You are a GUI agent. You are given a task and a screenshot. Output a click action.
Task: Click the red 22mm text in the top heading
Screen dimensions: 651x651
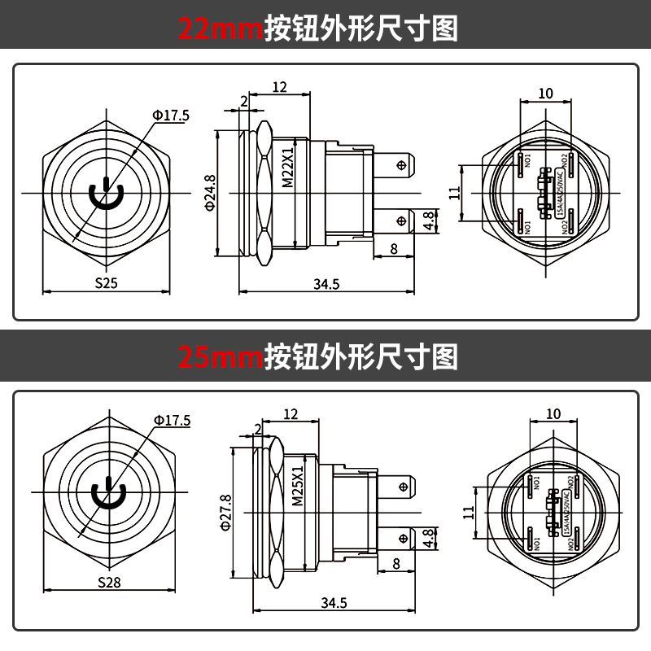220,28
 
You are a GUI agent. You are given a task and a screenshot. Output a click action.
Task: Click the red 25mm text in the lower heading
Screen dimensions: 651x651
220,356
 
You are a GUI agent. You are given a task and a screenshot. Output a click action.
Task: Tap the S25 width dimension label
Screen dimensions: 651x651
107,284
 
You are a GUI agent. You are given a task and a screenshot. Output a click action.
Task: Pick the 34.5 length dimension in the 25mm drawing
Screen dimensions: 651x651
334,602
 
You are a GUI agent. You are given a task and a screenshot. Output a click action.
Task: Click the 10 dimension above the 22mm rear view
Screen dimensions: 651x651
545,94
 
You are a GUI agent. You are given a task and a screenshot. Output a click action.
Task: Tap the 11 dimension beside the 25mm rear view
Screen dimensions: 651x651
467,512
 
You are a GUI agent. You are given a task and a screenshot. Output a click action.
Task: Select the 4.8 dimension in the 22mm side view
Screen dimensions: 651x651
429,221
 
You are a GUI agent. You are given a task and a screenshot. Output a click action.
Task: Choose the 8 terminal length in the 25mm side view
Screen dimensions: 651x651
396,563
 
